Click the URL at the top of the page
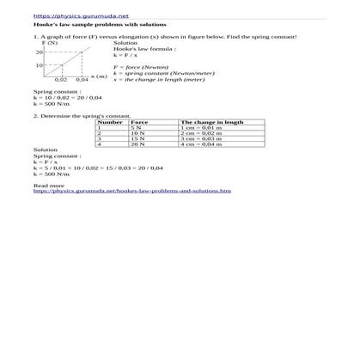pos(68,15)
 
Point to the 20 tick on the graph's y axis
pos(40,52)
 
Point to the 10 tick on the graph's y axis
pos(40,65)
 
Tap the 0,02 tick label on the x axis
pos(61,80)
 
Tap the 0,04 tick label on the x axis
pos(82,80)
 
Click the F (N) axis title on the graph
pos(49,43)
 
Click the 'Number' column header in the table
pos(111,122)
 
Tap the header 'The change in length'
pos(212,122)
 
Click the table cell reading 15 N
pos(137,138)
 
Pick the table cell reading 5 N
pos(136,128)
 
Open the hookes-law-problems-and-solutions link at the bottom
pos(131,191)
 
